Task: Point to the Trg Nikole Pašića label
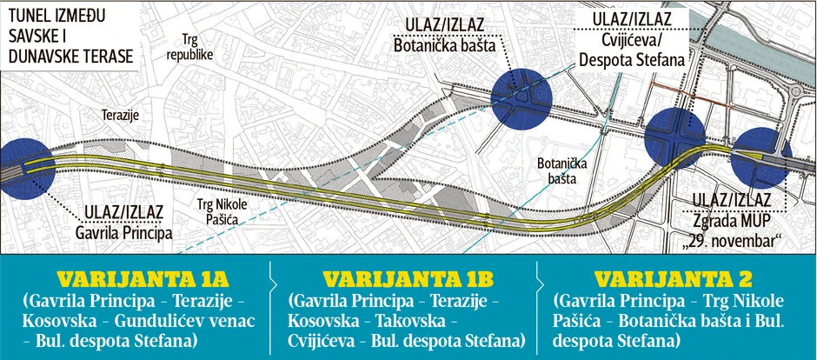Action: point(219,211)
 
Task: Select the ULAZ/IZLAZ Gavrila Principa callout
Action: point(127,223)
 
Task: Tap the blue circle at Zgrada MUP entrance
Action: point(761,158)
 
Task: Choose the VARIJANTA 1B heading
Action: point(408,279)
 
